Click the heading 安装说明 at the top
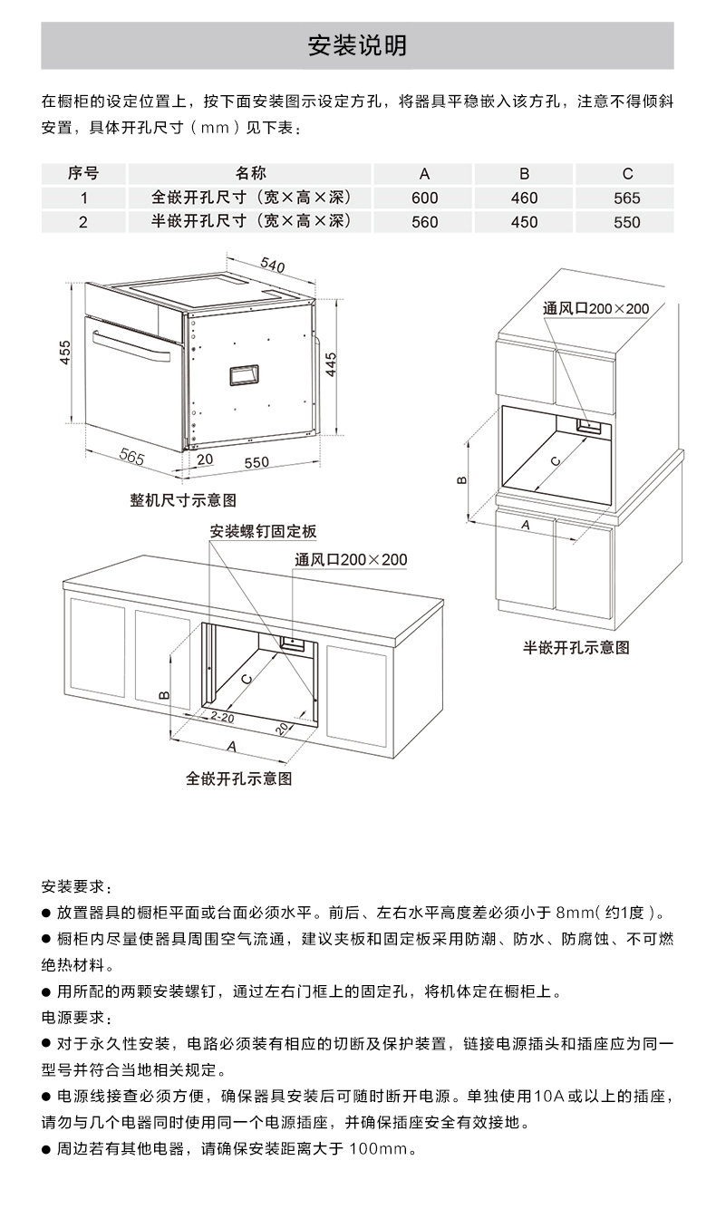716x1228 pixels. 357,45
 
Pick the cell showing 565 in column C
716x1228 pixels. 626,198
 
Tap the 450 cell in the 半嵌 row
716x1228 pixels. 524,222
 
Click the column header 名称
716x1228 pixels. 250,173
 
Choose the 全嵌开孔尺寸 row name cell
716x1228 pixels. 250,198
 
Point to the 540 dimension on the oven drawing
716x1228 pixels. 272,266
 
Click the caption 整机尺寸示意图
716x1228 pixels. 183,500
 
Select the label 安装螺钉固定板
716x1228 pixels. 263,531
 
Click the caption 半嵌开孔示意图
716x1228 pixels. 576,648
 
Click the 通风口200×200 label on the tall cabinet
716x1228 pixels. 595,309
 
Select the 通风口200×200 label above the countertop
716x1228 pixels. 351,560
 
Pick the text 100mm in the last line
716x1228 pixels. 382,1150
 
